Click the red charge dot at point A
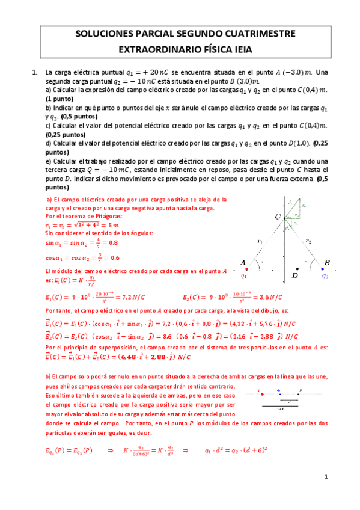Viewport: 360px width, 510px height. pyautogui.click(x=246, y=269)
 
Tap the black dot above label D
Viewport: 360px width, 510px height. pyautogui.click(x=296, y=269)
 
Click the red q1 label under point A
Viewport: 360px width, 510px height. pyautogui.click(x=245, y=277)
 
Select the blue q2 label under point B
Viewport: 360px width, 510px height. pyautogui.click(x=325, y=277)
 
